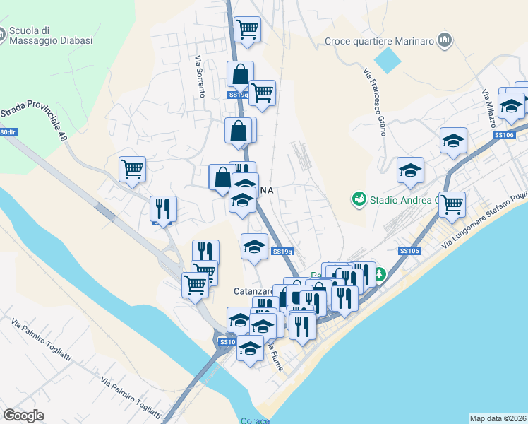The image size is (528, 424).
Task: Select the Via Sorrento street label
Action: tap(198, 77)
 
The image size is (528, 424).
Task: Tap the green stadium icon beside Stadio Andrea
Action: tap(359, 200)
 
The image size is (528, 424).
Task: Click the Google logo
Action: tap(23, 416)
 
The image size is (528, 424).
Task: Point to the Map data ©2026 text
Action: tap(498, 418)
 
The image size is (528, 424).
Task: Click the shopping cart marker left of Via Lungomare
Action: tap(452, 204)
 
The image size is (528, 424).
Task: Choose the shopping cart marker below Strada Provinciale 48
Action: tap(132, 169)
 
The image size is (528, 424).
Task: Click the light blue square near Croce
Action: tap(386, 60)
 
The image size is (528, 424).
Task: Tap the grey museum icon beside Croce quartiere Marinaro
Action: tap(444, 40)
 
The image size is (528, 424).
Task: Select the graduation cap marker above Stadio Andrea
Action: tap(410, 170)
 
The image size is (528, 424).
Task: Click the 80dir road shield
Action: tap(7, 132)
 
